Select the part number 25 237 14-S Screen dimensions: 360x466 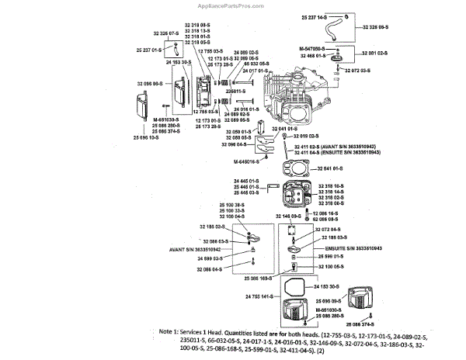point(315,16)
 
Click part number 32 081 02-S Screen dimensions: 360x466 point(370,53)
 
